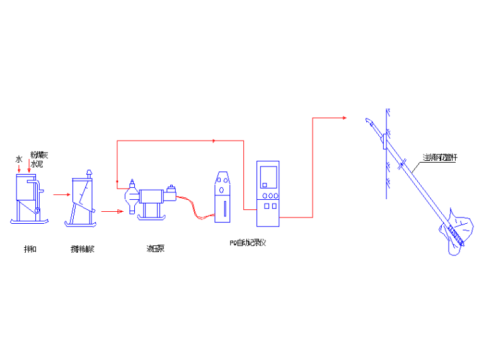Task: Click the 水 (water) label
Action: click(x=19, y=160)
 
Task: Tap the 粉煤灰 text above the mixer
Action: click(x=39, y=154)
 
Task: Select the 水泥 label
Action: click(x=37, y=163)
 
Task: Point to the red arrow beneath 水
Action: click(x=19, y=168)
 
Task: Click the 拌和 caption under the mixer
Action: click(x=30, y=249)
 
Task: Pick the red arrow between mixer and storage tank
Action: click(x=61, y=195)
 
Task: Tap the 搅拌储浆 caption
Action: click(x=82, y=249)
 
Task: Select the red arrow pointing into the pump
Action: click(x=110, y=212)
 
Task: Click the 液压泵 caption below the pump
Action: click(x=156, y=249)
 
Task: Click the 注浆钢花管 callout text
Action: click(x=440, y=158)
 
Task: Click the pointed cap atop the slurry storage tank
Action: click(x=88, y=171)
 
